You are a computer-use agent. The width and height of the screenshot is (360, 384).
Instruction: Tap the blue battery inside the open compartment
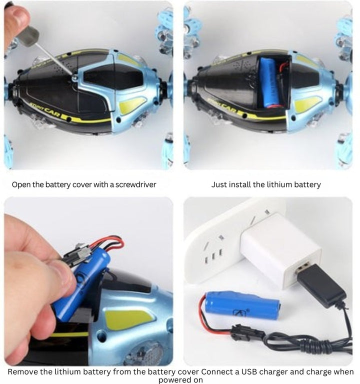[270, 82]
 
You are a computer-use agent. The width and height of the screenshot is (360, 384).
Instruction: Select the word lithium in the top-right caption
[265, 184]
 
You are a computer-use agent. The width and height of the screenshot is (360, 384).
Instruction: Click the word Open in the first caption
[21, 184]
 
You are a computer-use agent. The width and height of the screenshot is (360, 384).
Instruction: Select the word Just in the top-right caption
[219, 184]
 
